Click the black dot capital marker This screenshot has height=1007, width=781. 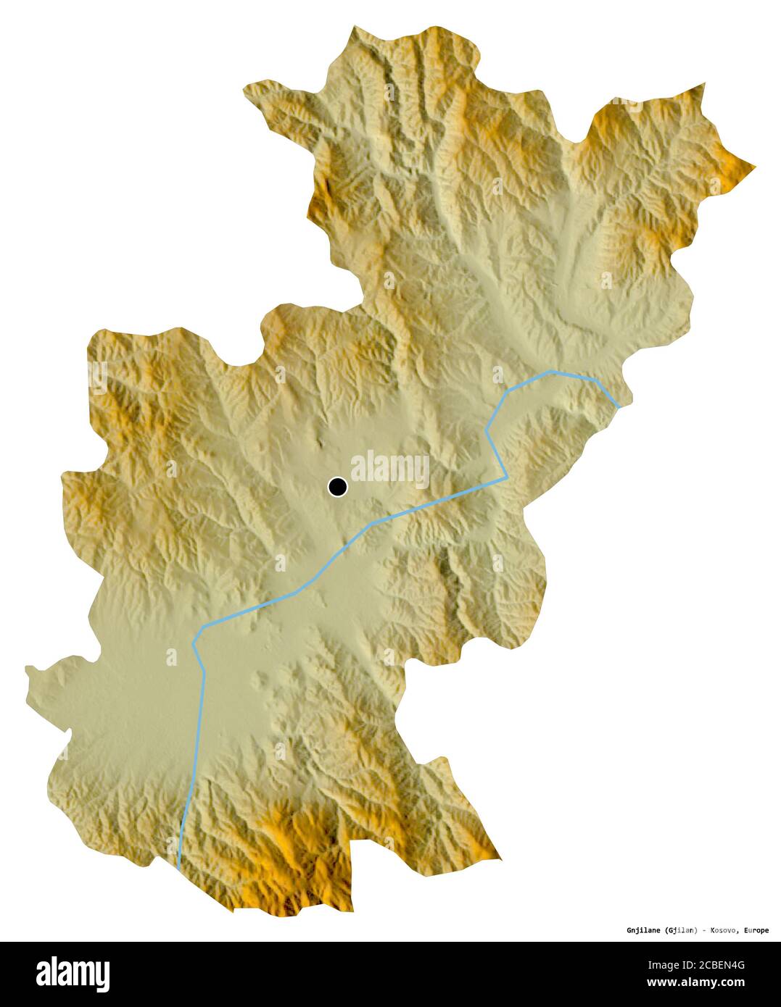point(337,487)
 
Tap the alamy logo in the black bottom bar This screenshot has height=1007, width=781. point(73,974)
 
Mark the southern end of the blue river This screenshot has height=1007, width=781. point(178,866)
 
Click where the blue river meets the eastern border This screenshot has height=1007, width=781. point(619,407)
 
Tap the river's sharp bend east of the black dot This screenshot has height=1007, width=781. point(505,478)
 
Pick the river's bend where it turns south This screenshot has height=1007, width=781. point(194,643)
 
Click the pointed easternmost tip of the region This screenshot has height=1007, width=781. point(755,167)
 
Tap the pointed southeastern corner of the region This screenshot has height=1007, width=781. point(500,858)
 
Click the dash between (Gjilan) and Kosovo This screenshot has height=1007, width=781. point(703,929)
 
